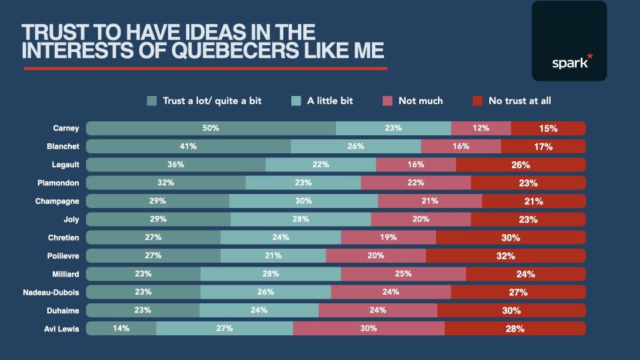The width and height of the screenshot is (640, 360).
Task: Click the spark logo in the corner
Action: click(569, 41)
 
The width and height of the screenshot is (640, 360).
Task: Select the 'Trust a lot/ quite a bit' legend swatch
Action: click(152, 101)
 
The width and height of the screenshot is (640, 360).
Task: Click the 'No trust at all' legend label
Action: click(519, 101)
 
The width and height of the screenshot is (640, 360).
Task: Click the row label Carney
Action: click(66, 128)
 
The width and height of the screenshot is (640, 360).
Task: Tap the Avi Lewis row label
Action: click(63, 328)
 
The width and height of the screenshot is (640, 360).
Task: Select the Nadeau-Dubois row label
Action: click(53, 292)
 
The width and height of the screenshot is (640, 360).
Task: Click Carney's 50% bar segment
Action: click(211, 128)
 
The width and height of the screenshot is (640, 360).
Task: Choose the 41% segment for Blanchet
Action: click(188, 146)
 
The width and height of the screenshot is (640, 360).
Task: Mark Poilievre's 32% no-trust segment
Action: click(505, 255)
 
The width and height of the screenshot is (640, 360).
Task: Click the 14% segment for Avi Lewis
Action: click(121, 328)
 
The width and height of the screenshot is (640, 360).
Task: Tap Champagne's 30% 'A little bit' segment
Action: click(303, 201)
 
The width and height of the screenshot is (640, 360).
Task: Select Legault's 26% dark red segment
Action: click(521, 164)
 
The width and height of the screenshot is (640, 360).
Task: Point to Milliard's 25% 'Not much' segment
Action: click(403, 273)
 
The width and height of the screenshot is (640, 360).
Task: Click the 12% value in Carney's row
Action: click(481, 128)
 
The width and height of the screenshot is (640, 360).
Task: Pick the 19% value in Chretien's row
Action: click(388, 237)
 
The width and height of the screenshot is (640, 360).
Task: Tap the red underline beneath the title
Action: click(205, 68)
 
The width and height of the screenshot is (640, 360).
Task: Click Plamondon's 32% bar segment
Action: click(166, 183)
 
